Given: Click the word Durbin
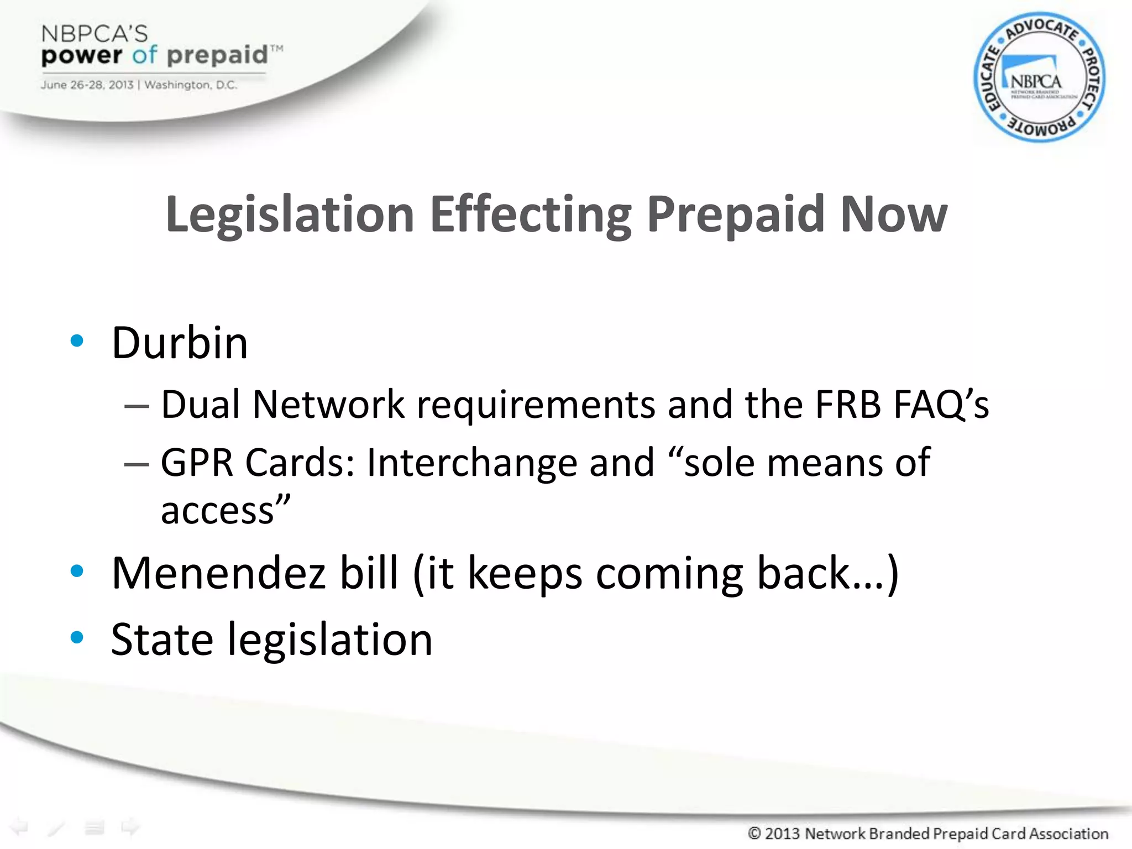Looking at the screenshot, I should click(180, 343).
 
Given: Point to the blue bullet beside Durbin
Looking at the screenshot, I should click(77, 341).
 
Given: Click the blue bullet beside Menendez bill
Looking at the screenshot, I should click(77, 571).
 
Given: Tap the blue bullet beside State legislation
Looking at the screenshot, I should click(77, 637).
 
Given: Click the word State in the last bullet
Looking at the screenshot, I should click(162, 640).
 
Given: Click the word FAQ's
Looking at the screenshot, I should click(941, 405).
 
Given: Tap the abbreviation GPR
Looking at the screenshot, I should click(197, 463).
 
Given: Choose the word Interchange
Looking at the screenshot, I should click(471, 463).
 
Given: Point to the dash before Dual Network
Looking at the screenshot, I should click(137, 406).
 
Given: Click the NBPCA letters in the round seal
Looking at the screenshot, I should click(1035, 82).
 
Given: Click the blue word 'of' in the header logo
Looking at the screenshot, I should click(145, 55).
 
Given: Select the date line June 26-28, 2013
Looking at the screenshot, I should click(87, 85).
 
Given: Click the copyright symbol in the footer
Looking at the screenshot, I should click(754, 833).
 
